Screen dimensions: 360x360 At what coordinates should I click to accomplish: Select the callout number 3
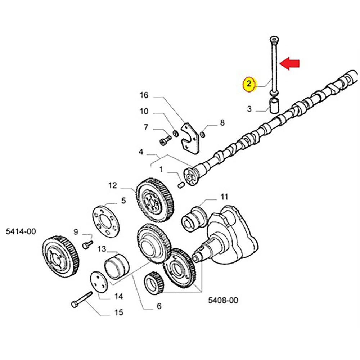249,109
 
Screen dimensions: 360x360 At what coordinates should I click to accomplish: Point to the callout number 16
144,95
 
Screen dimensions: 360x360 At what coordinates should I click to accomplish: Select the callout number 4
141,153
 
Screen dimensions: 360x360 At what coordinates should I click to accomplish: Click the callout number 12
113,185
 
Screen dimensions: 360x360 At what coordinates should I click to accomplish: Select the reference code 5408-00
223,300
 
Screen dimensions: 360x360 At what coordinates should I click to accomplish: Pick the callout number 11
224,197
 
